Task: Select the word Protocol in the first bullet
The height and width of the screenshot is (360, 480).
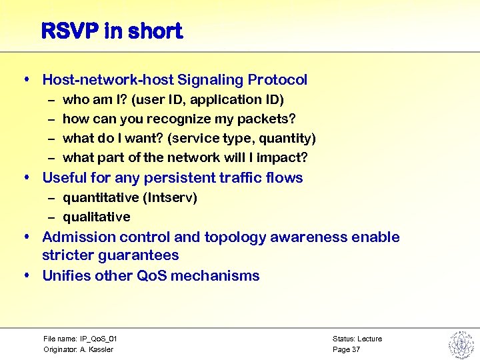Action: click(x=278, y=80)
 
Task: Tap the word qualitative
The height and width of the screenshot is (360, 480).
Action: click(x=97, y=217)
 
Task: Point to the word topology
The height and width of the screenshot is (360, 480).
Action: click(x=231, y=237)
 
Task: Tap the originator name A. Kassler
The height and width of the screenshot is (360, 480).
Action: click(x=97, y=349)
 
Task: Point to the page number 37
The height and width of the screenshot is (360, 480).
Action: click(x=356, y=349)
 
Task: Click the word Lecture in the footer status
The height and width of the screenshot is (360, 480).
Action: click(x=369, y=339)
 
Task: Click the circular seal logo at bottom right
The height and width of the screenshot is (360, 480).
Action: click(x=460, y=344)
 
